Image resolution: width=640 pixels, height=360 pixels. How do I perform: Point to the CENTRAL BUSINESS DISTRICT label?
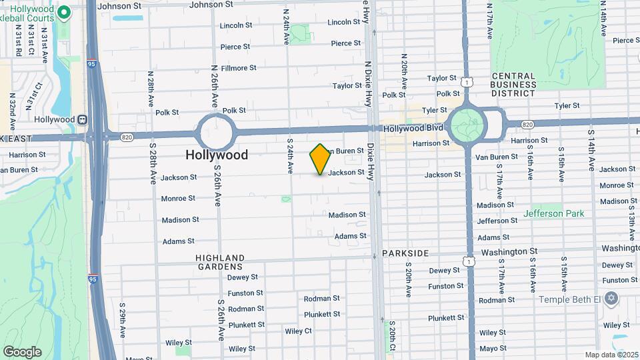[513, 85]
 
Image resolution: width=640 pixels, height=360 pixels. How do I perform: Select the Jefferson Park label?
[553, 213]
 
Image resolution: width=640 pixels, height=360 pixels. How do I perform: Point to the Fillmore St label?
[239, 68]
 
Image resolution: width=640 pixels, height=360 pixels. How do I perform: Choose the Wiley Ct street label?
[298, 331]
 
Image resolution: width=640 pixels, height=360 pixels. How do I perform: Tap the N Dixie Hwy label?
[367, 85]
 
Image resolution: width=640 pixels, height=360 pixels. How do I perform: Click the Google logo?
[23, 352]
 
